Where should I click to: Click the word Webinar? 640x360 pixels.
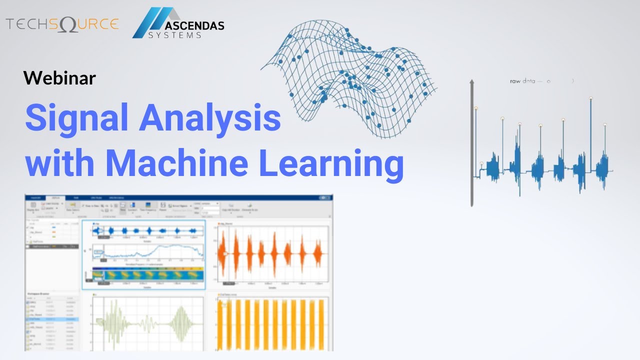point(59,77)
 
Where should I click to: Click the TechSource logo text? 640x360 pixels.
point(62,24)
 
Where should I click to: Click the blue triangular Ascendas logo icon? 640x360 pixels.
point(150,23)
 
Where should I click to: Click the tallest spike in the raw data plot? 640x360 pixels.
point(590,130)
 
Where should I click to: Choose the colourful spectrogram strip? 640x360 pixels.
point(148,274)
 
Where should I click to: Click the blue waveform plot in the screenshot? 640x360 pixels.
point(148,231)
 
